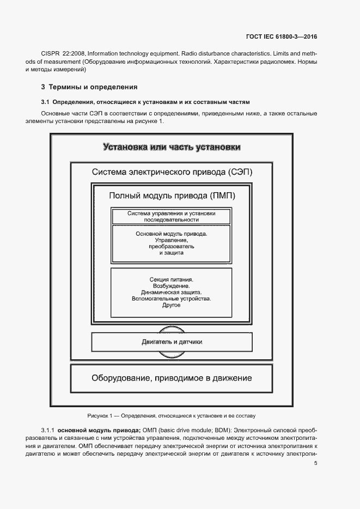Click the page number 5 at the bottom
pos(315,463)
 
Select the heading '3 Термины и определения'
pos(89,87)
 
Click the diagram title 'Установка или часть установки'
pos(172,147)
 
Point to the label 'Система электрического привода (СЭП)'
pos(172,172)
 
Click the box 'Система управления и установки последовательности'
pos(172,216)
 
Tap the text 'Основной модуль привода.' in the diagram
pos(172,233)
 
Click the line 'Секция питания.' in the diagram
pos(172,279)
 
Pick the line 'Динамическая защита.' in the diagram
pos(172,292)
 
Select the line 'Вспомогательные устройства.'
pos(172,299)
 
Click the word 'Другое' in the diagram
pos(172,305)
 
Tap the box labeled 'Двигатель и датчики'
pos(172,342)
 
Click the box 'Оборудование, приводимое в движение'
pos(172,378)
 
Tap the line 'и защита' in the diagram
pos(172,253)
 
